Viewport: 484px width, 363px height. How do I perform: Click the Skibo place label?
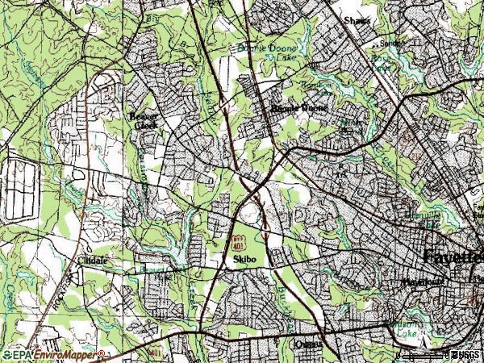(x=244, y=261)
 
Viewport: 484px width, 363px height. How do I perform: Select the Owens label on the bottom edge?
(x=308, y=344)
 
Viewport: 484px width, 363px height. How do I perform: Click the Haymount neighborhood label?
(x=419, y=282)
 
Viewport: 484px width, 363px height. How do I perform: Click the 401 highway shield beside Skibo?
(x=237, y=242)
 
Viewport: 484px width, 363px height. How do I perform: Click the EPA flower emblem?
(x=7, y=354)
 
